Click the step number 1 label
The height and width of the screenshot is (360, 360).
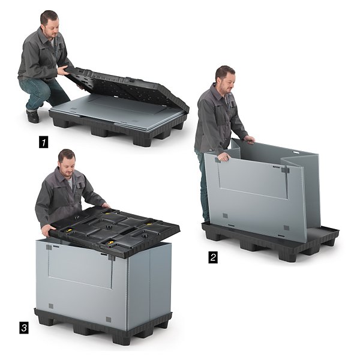click(x=43, y=142)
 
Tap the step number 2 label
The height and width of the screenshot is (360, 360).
click(x=213, y=257)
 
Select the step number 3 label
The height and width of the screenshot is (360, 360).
click(x=24, y=328)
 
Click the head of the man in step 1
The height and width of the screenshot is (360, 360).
click(x=50, y=23)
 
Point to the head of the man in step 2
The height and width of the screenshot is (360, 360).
click(x=226, y=79)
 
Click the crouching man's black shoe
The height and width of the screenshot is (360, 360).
click(x=32, y=116)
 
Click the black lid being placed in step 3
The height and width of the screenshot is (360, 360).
click(x=115, y=232)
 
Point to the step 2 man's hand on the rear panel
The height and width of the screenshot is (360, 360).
click(x=249, y=139)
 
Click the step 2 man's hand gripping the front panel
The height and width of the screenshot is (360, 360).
click(x=223, y=157)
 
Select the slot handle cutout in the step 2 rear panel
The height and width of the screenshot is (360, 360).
click(x=296, y=152)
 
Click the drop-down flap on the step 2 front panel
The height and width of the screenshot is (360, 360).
click(x=253, y=178)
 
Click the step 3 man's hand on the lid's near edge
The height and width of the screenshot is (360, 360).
click(x=49, y=229)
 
